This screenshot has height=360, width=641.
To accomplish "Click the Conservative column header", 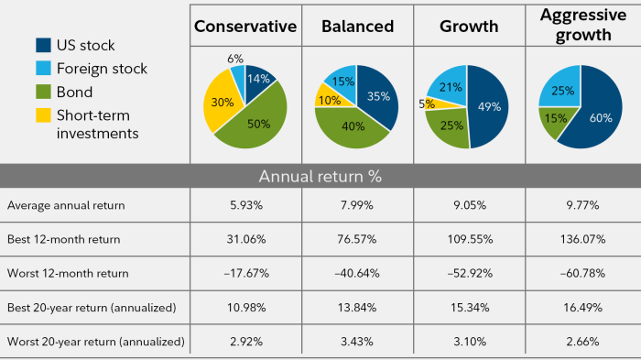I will coord(245,27).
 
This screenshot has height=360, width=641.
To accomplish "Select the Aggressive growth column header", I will coord(577,26).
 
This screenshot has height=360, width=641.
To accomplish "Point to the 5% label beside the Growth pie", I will coord(426,104).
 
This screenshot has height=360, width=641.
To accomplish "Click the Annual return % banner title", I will coord(320,175).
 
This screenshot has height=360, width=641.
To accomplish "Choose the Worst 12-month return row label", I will coord(68,273).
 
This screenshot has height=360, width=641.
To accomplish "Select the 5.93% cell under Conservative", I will coord(245,204).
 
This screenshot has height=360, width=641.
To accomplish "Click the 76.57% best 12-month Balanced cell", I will coord(356,239).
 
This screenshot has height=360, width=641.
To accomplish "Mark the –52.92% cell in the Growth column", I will coord(467,273).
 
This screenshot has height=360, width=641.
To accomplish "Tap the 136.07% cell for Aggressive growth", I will coord(577,239).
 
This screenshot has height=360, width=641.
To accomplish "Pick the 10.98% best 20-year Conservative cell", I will coord(245,308).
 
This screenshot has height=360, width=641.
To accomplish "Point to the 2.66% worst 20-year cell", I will coord(577,342).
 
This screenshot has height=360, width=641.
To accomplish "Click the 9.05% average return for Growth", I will coord(467,204).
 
